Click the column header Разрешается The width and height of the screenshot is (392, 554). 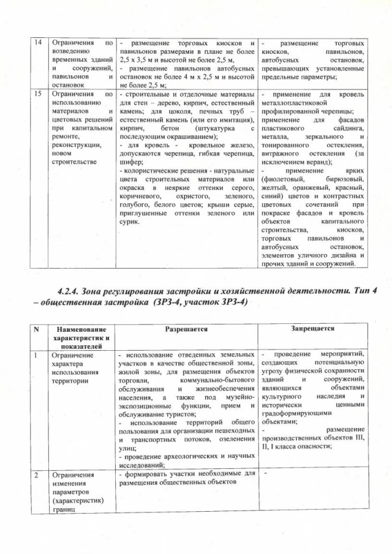pyautogui.click(x=186, y=329)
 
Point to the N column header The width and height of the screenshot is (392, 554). pyautogui.click(x=36, y=329)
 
